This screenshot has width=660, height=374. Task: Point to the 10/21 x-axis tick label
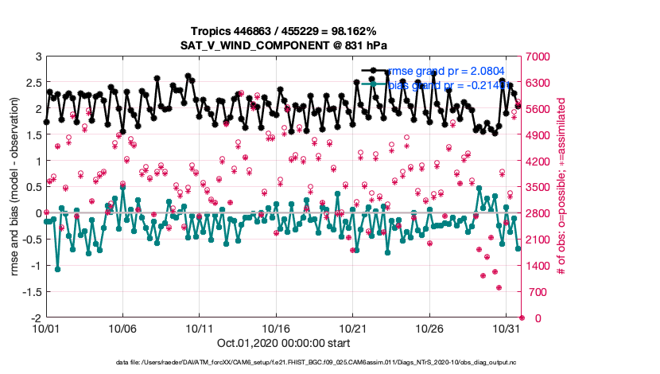353,328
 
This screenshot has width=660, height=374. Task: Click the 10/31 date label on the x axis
507,328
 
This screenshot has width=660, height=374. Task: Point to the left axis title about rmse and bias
15,187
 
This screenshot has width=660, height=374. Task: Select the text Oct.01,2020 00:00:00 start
283,344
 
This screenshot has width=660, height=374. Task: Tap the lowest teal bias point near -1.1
57,269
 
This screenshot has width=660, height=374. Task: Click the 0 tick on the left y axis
36,213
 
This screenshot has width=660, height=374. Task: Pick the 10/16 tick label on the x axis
276,328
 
